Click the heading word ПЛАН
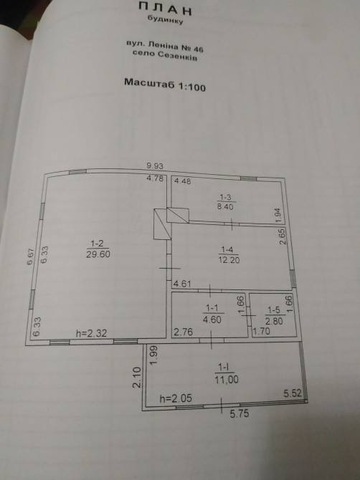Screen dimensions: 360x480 point(165,9)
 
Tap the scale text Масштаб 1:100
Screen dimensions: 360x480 point(165,85)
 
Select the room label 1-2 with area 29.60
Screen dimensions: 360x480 point(98,249)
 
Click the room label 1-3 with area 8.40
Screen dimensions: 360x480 point(225,202)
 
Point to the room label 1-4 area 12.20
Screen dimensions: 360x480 point(229,255)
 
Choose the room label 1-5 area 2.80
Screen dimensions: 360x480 point(274,316)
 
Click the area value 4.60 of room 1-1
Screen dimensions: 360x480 point(212,320)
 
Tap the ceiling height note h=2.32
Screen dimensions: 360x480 point(91,333)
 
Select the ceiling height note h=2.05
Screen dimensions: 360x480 point(176,398)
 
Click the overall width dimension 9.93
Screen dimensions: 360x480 point(155,166)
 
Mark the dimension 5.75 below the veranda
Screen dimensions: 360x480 point(240,414)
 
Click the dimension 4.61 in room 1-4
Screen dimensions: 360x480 point(182,284)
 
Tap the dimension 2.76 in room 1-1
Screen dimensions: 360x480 point(184,332)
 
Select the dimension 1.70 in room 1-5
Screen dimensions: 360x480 point(261,332)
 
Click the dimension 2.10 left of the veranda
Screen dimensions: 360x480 point(137,378)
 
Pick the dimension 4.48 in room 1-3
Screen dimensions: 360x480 point(183,181)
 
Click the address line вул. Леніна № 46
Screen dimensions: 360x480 point(165,47)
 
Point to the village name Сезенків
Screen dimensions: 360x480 point(178,56)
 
